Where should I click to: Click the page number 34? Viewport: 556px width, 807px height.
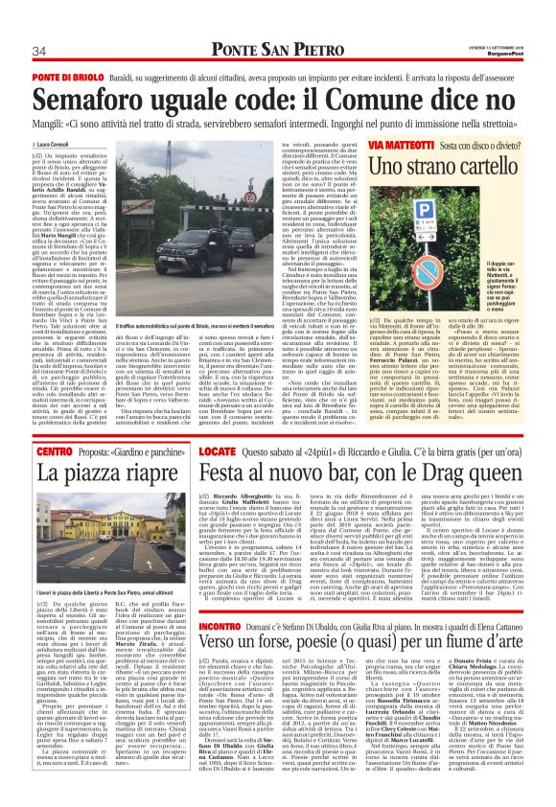(x=39, y=51)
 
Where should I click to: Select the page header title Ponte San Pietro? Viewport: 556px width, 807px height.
(x=278, y=50)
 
